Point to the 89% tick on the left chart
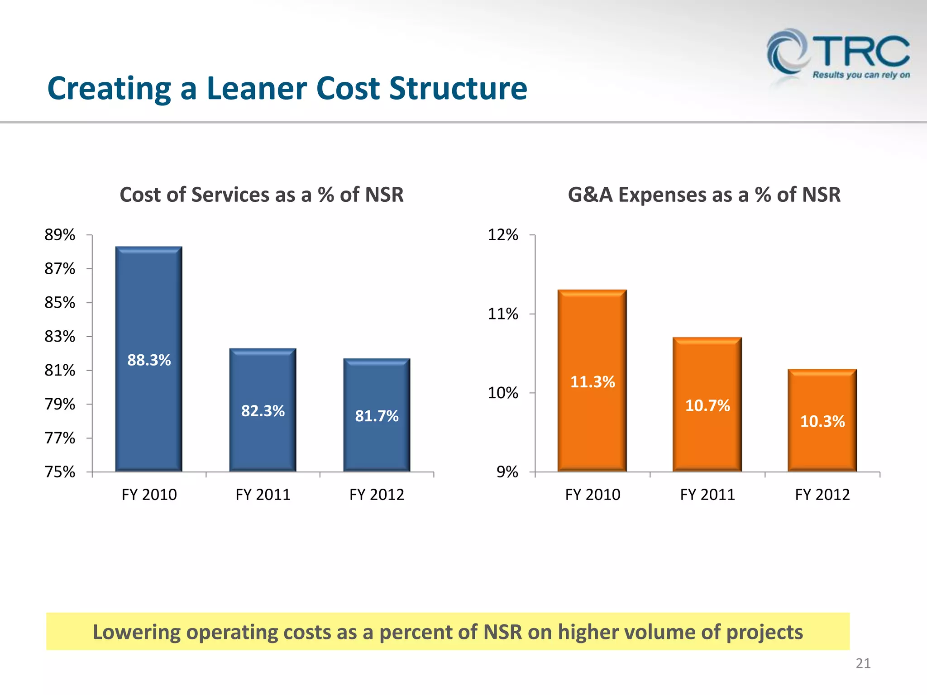(60, 235)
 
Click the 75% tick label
(60, 472)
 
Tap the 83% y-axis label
(60, 337)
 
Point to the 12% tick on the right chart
(502, 235)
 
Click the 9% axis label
(507, 472)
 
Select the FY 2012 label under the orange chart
(822, 494)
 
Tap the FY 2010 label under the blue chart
(149, 494)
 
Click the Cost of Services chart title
(261, 195)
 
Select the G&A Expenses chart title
(704, 195)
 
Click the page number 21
(863, 663)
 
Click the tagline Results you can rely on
(861, 75)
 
